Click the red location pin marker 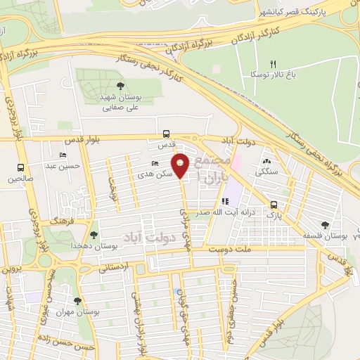[181, 166]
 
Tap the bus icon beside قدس [166, 134]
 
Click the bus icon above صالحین [20, 168]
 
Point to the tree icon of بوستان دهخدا [94, 235]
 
